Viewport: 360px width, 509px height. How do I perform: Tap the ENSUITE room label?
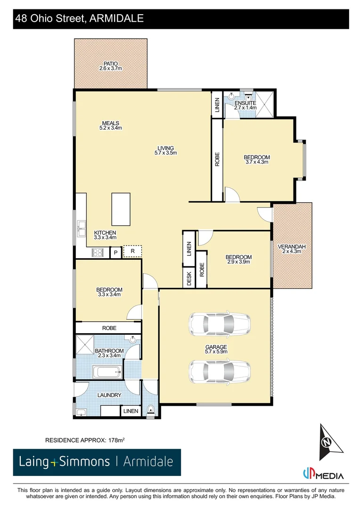(x=245, y=103)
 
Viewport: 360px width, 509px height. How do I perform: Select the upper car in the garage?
(x=220, y=324)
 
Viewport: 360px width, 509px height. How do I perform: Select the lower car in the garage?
(x=220, y=372)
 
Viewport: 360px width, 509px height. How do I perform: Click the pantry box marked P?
(x=115, y=253)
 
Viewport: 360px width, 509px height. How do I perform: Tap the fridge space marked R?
(x=132, y=251)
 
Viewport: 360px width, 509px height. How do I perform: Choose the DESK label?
(x=189, y=279)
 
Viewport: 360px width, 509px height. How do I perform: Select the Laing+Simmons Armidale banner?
(x=97, y=462)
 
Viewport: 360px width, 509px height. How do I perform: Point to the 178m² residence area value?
(x=116, y=440)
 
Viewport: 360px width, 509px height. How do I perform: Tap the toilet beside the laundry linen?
(x=151, y=410)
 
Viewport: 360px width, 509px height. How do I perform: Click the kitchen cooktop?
(x=98, y=253)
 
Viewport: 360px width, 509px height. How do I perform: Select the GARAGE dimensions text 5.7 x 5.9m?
(x=216, y=352)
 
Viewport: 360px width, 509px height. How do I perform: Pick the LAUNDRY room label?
(x=109, y=395)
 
